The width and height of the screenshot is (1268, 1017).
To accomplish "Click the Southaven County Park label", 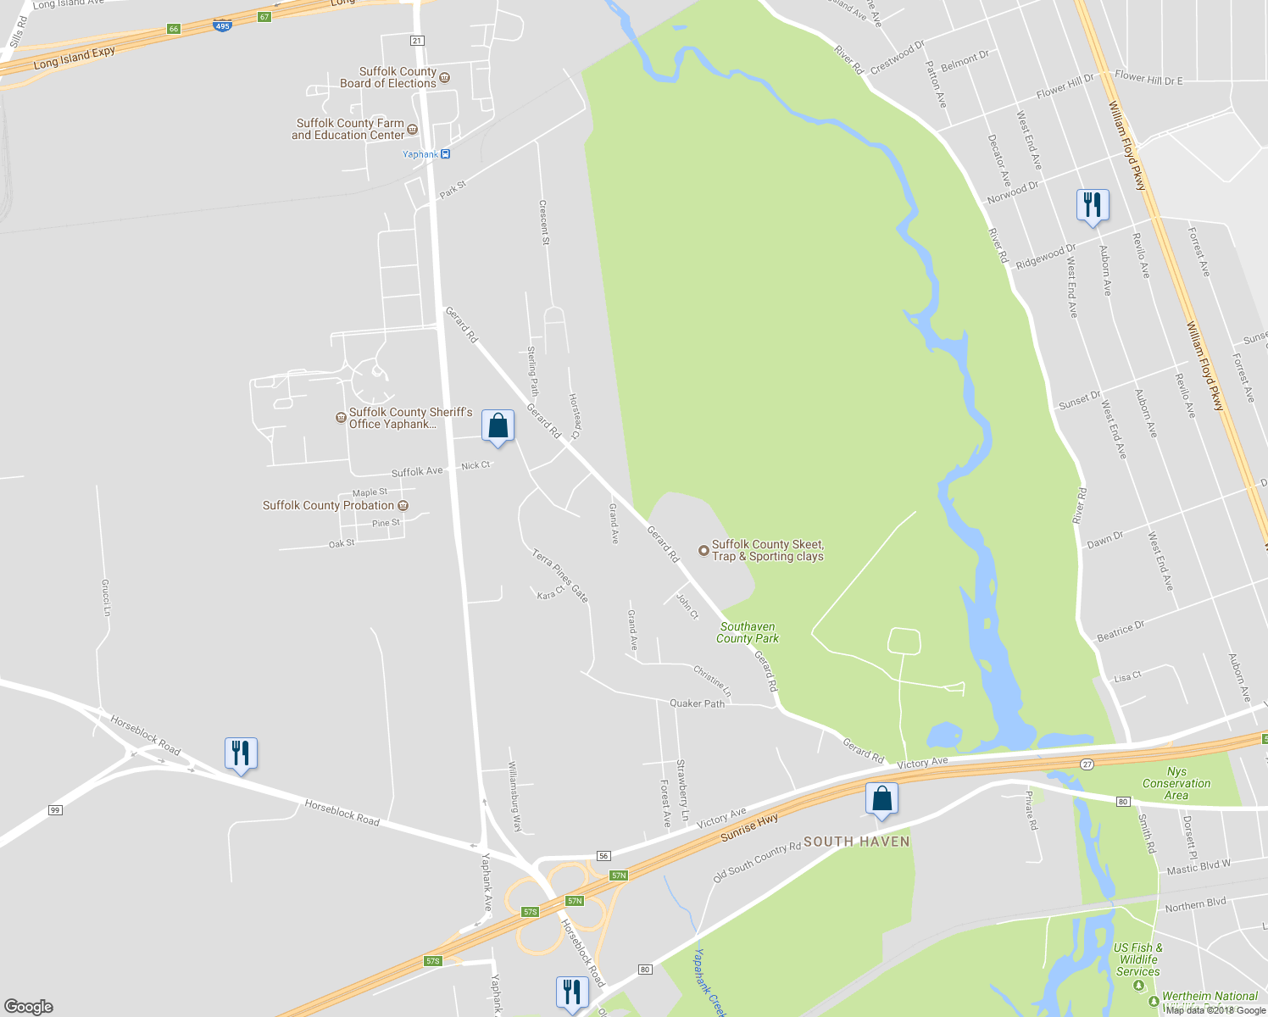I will tap(747, 633).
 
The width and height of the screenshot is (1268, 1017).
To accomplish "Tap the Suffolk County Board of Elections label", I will tap(388, 77).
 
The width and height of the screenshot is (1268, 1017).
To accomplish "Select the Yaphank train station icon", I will tap(446, 154).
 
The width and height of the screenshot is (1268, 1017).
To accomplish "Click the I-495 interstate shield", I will tap(222, 26).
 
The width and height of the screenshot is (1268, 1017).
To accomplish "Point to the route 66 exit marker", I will tap(174, 29).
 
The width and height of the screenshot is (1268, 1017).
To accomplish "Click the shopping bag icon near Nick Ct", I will tap(498, 425).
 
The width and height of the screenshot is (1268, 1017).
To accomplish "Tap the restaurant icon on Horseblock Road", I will tap(241, 753).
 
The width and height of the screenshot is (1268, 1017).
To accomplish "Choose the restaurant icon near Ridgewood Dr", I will tap(1093, 205).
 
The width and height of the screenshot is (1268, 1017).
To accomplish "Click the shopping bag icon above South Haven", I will tap(881, 798).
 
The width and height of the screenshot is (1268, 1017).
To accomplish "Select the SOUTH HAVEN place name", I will tap(856, 842).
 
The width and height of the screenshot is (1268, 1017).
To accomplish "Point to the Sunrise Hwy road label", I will tap(749, 827).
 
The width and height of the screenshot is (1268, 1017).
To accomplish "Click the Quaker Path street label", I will tap(697, 703).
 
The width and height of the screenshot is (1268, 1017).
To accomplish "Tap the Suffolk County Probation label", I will tap(328, 505).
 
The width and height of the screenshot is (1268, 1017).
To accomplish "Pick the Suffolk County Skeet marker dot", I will tap(703, 551).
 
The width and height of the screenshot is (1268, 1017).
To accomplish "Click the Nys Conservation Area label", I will tap(1176, 783).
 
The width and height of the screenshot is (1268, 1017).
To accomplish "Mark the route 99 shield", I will tap(55, 810).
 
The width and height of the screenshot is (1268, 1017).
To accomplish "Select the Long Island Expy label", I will tap(75, 58).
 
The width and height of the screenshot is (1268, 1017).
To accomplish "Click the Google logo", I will tap(28, 1006).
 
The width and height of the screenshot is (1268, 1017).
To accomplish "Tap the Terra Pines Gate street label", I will tap(559, 575).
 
